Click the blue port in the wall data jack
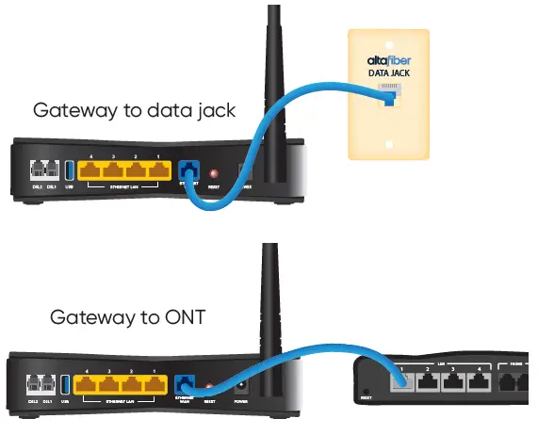click(386, 97)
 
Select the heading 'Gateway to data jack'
click(134, 110)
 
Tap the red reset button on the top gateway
click(214, 174)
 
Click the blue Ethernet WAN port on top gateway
click(187, 171)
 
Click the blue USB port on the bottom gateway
click(66, 384)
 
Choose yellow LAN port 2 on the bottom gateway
click(132, 384)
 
